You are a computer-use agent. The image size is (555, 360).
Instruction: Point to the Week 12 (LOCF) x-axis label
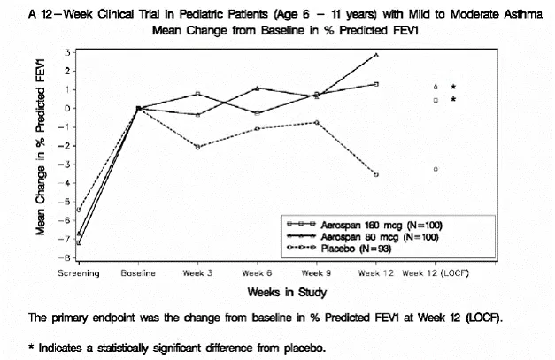tap(436, 274)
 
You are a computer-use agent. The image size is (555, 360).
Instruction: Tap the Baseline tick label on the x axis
tap(138, 274)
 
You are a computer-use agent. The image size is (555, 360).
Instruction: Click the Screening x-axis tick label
tap(79, 274)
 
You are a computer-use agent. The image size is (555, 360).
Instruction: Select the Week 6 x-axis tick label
tap(257, 274)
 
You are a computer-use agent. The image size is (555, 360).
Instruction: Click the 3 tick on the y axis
tap(68, 52)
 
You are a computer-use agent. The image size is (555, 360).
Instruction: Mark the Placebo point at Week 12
tap(376, 175)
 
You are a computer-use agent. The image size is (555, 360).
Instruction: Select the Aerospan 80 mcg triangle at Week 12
tap(376, 55)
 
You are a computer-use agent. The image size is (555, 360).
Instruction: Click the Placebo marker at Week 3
tap(197, 147)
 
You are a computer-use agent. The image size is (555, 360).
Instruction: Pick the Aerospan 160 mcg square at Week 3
tap(197, 93)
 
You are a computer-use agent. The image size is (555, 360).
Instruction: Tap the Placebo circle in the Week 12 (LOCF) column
tap(436, 169)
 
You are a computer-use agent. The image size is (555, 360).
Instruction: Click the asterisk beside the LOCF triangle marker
tap(453, 87)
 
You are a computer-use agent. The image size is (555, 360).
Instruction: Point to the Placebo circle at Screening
tap(79, 210)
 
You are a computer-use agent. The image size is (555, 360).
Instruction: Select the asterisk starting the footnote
tap(30, 347)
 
